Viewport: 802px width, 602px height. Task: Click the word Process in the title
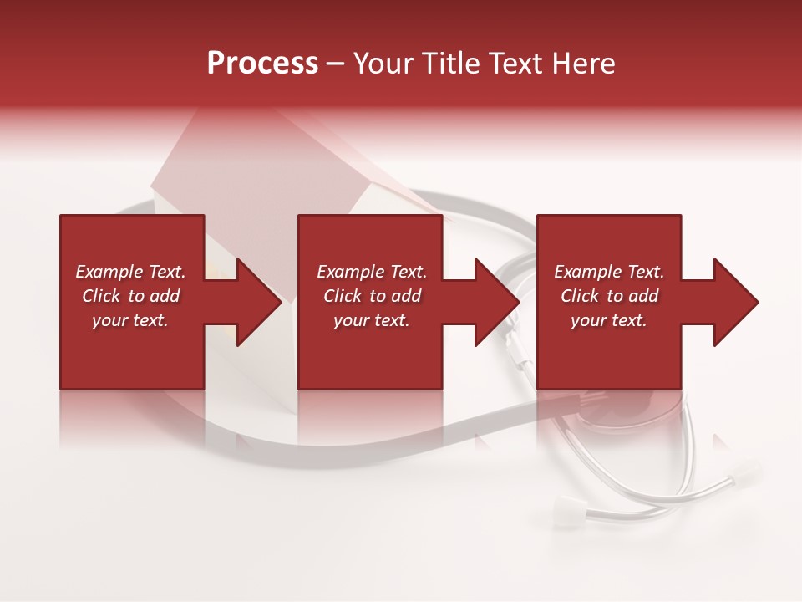point(262,64)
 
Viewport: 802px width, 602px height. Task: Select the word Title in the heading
point(451,64)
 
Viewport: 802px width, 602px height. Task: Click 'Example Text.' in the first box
point(130,272)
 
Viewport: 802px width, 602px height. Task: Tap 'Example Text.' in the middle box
point(372,272)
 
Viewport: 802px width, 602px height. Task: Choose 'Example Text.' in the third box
point(609,272)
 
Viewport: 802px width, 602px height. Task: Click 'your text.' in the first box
point(130,320)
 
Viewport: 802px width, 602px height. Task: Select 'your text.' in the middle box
point(372,320)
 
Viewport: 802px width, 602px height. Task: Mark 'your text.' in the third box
point(609,320)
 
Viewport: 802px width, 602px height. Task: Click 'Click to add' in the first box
point(130,296)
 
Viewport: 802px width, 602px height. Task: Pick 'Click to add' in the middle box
point(372,296)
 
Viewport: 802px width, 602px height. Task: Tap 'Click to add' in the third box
point(609,296)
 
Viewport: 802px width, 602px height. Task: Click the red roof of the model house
point(251,163)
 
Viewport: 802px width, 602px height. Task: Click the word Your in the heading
point(384,64)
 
